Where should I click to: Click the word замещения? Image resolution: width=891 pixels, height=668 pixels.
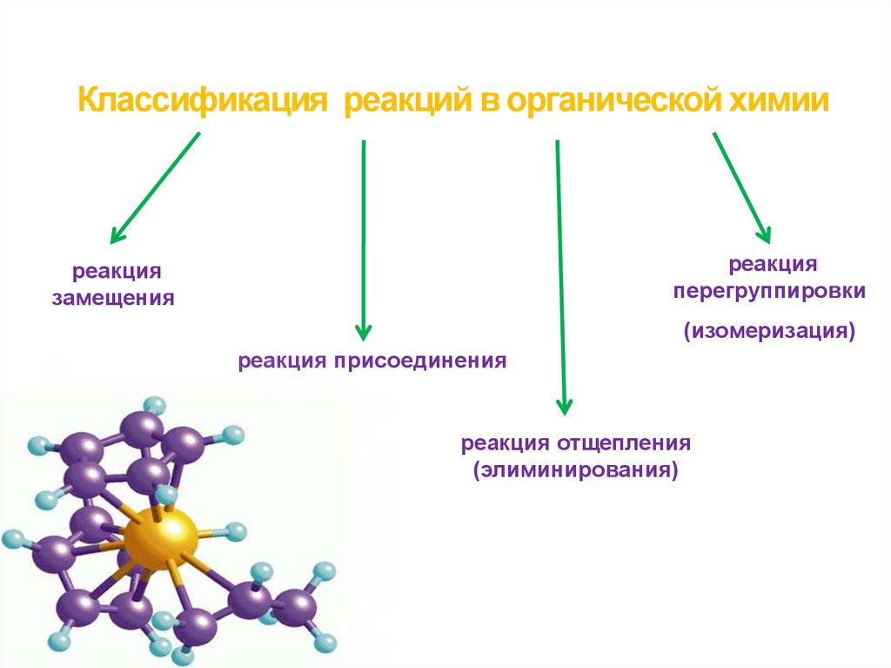coord(113,299)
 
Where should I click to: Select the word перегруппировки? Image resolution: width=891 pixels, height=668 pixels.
coord(769,291)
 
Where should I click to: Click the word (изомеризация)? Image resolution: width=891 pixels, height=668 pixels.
coord(769,331)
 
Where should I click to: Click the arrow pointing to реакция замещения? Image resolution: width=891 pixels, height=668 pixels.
coord(155,187)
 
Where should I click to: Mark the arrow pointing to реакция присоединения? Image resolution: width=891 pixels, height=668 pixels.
coord(364,240)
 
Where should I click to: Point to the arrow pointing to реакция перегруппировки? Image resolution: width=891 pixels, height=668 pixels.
coord(741,187)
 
